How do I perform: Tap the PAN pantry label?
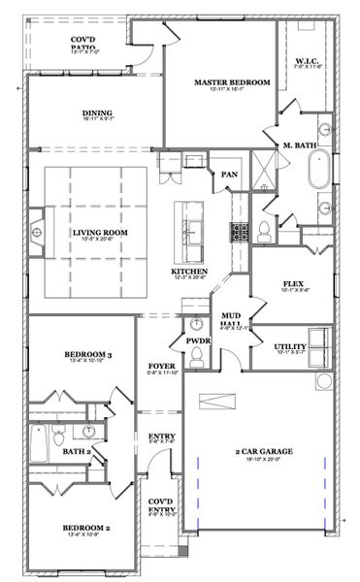tap(230, 174)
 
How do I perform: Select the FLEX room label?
tap(293, 284)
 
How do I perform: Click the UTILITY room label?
tap(290, 346)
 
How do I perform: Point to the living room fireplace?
tap(36, 231)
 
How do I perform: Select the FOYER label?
tap(161, 366)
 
